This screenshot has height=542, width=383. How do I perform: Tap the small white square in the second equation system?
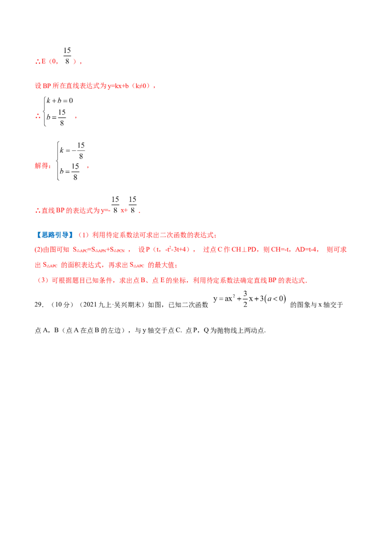[86, 147]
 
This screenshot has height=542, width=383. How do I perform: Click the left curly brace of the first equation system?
[45, 111]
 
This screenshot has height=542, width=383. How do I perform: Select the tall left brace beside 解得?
[60, 160]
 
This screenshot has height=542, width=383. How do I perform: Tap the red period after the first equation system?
[76, 118]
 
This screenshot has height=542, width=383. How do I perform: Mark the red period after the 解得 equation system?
[90, 167]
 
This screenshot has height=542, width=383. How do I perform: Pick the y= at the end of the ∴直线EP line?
[106, 211]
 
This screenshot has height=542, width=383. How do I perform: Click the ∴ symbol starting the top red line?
[36, 62]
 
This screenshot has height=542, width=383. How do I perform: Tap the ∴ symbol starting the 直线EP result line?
[36, 211]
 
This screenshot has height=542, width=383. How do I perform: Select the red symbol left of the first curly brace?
[37, 115]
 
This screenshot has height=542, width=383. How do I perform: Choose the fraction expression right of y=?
[126, 205]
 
